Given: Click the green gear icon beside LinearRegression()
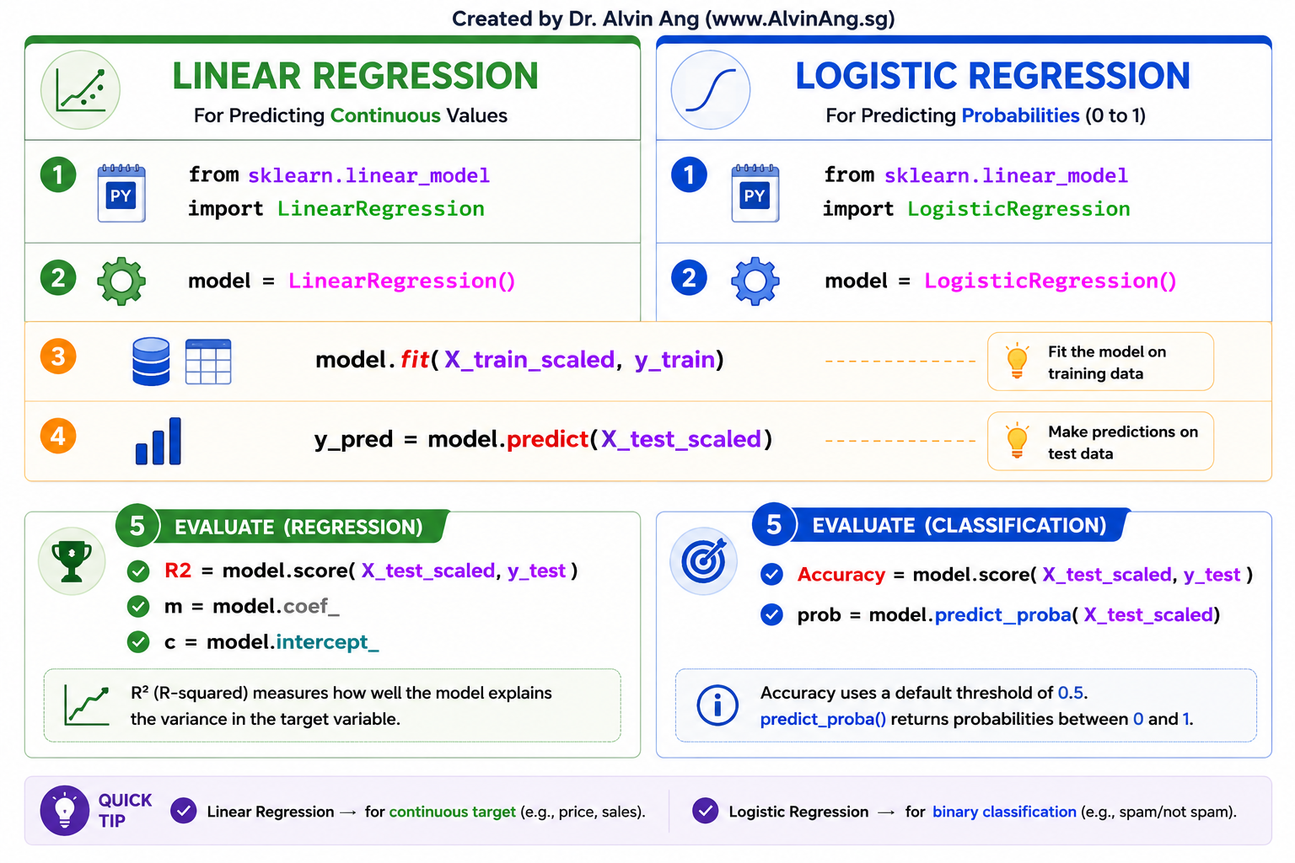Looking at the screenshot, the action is pyautogui.click(x=121, y=281).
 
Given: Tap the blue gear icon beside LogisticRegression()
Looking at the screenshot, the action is pyautogui.click(x=755, y=281).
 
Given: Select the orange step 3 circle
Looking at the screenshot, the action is pyautogui.click(x=58, y=356).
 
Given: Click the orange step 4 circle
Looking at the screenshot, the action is pyautogui.click(x=58, y=436).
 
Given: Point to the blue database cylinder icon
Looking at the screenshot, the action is pyautogui.click(x=151, y=362).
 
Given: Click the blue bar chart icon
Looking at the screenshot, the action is pyautogui.click(x=159, y=441).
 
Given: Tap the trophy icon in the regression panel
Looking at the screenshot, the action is pyautogui.click(x=72, y=560).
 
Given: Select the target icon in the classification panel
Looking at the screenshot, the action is pyautogui.click(x=704, y=560).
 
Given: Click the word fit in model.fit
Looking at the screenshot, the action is pyautogui.click(x=415, y=360).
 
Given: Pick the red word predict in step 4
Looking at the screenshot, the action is pyautogui.click(x=547, y=439).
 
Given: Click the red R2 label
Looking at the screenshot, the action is pyautogui.click(x=178, y=571).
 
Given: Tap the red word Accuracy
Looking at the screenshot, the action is pyautogui.click(x=841, y=575).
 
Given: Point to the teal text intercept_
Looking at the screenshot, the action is pyautogui.click(x=328, y=642).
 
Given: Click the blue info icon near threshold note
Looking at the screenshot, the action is pyautogui.click(x=717, y=705).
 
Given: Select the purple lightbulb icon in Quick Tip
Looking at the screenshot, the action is pyautogui.click(x=64, y=811).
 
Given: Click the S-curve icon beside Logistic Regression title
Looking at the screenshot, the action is pyautogui.click(x=711, y=89).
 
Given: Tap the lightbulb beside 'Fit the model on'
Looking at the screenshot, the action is pyautogui.click(x=1017, y=361).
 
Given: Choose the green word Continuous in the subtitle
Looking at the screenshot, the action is pyautogui.click(x=385, y=115).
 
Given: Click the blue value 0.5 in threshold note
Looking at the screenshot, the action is pyautogui.click(x=1071, y=693).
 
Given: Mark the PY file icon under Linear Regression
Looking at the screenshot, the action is pyautogui.click(x=121, y=193).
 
